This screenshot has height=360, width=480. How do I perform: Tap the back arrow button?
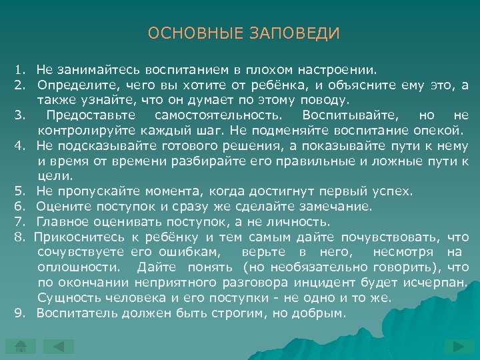pos(59,347)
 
